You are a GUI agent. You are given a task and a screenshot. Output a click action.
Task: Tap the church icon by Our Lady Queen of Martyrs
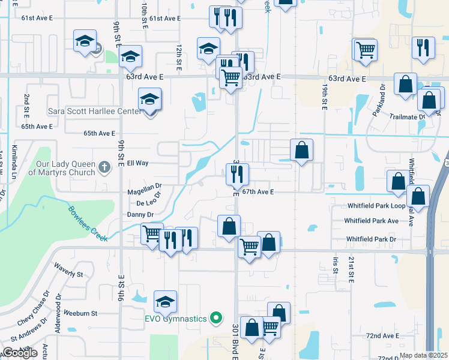pyautogui.click(x=104, y=166)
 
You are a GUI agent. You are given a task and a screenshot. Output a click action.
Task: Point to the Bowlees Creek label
pyautogui.click(x=88, y=224)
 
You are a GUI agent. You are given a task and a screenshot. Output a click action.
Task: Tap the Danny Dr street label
pyautogui.click(x=140, y=214)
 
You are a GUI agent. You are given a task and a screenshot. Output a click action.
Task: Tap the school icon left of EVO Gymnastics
pyautogui.click(x=165, y=302)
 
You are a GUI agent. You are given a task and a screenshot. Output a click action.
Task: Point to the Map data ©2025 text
pyautogui.click(x=423, y=355)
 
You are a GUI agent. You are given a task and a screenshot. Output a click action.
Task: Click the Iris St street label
pyautogui.click(x=336, y=263)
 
